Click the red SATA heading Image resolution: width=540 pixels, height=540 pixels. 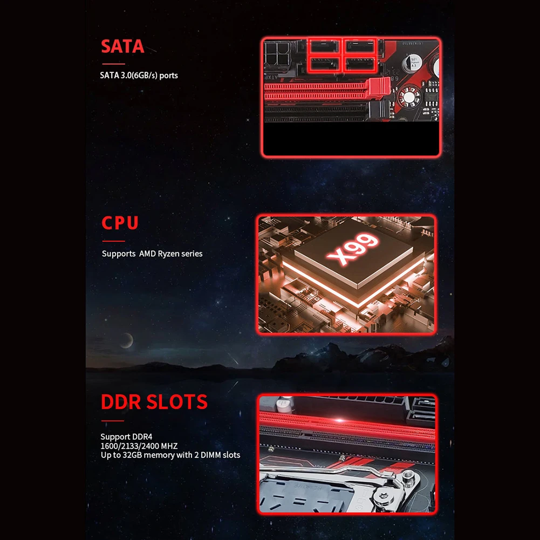(122, 46)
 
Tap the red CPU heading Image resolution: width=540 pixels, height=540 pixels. (120, 223)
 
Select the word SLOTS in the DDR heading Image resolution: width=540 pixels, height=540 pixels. (177, 401)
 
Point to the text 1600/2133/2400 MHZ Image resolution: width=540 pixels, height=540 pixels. (139, 446)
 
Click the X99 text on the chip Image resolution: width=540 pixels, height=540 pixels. (352, 249)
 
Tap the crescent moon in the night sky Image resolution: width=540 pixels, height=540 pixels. (127, 340)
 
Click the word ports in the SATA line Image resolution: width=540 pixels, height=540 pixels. (169, 76)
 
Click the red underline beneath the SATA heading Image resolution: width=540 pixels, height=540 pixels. (114, 64)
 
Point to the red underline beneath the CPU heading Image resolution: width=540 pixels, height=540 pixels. (114, 241)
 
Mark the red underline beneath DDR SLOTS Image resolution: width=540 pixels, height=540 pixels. (113, 420)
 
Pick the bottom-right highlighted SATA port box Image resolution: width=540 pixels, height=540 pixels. (359, 64)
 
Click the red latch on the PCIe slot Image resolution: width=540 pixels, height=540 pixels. (379, 87)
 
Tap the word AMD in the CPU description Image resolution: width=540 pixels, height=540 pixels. (147, 254)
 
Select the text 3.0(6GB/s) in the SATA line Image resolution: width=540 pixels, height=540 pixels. (140, 76)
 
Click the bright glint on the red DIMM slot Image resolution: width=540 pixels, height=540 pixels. (339, 420)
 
